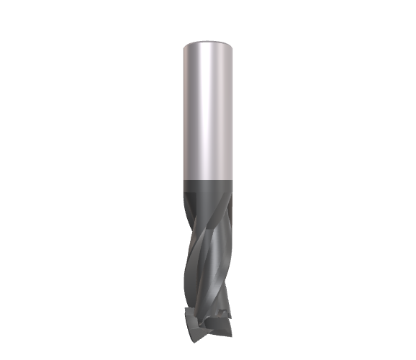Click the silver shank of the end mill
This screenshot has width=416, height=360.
pyautogui.click(x=207, y=108)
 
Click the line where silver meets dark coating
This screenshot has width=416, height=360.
pyautogui.click(x=207, y=179)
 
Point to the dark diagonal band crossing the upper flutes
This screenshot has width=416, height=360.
pyautogui.click(x=216, y=216)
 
